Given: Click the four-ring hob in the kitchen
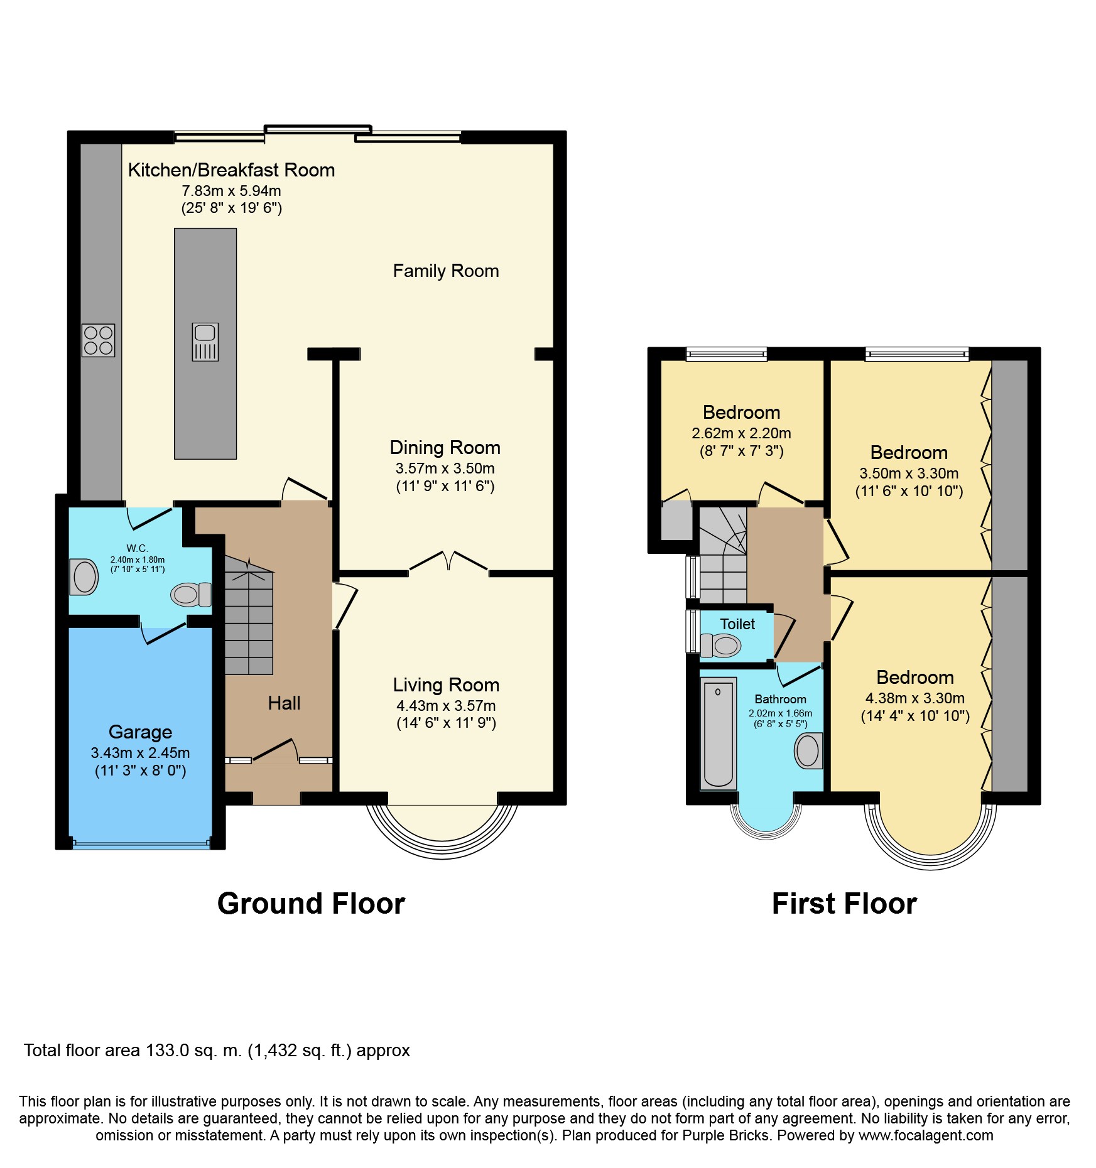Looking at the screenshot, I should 98,340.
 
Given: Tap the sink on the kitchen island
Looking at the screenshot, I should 205,342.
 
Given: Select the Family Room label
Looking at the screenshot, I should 445,271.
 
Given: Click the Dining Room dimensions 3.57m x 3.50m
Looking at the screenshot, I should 445,468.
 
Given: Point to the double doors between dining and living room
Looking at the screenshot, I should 448,561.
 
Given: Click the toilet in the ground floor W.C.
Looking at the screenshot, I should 191,594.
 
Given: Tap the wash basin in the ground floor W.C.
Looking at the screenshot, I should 84,576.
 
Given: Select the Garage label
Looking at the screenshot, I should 140,732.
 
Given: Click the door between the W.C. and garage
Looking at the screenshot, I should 164,632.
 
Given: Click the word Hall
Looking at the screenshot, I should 284,703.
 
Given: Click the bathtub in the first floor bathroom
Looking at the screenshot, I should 718,733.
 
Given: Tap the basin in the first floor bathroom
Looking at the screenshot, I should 808,750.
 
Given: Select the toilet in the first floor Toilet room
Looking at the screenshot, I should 721,645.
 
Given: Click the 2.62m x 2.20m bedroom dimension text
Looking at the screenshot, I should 741,433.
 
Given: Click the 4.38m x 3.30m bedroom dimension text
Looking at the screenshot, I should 914,698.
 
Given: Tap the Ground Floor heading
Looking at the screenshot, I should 311,904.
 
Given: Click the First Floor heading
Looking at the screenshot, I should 844,904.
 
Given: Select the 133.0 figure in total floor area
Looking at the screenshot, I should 168,1051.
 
